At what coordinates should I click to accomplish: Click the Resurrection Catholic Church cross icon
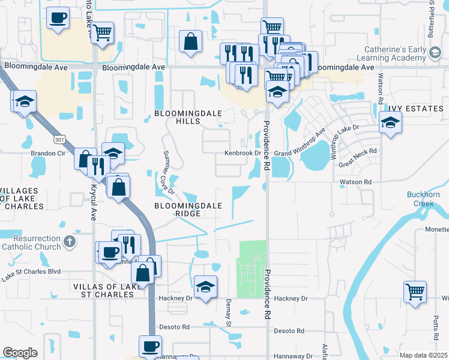pyautogui.click(x=70, y=242)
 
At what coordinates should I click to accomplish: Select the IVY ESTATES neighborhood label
pyautogui.click(x=415, y=108)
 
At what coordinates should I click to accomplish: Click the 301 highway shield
pyautogui.click(x=59, y=140)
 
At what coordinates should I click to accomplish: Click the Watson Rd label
pyautogui.click(x=356, y=181)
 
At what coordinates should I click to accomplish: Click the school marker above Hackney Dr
pyautogui.click(x=205, y=286)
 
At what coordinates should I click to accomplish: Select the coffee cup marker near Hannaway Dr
pyautogui.click(x=150, y=346)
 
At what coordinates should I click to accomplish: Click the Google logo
pyautogui.click(x=20, y=353)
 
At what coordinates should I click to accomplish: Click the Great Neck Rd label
pyautogui.click(x=357, y=158)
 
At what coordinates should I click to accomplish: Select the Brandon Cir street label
pyautogui.click(x=48, y=153)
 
